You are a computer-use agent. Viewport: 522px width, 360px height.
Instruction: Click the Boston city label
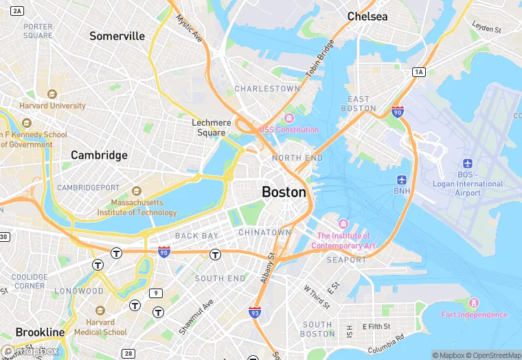284,192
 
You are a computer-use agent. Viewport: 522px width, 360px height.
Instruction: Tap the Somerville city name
117,36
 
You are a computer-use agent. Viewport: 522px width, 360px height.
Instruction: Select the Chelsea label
367,16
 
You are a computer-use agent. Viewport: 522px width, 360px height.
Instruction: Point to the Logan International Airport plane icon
468,164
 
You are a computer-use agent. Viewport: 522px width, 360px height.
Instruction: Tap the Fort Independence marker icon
473,303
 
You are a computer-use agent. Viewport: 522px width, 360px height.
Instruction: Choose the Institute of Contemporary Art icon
343,225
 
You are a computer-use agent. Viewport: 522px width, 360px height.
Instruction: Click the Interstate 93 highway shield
255,313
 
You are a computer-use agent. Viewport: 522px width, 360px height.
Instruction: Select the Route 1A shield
419,72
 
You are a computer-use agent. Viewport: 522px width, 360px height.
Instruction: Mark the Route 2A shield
18,10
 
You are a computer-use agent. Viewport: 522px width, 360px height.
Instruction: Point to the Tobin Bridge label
324,60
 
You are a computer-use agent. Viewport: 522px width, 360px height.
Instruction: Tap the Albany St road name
266,269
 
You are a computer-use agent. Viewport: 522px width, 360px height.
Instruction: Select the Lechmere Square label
212,128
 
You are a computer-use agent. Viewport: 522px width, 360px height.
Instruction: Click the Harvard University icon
51,94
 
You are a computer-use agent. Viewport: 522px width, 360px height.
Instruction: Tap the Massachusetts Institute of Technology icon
136,190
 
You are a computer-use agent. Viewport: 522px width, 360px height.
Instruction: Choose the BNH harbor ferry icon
401,179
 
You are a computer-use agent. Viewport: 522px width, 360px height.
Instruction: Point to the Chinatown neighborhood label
264,233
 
